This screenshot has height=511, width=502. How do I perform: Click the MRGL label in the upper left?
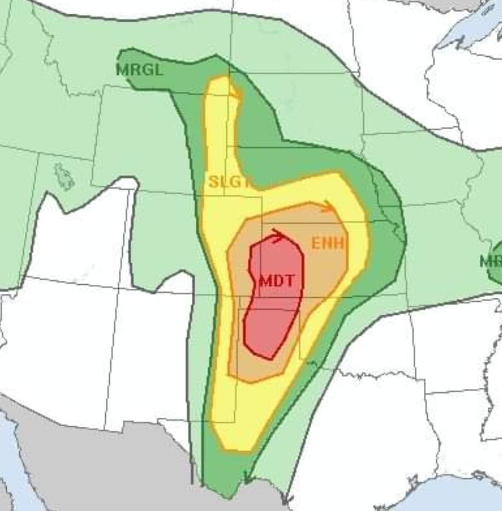140,70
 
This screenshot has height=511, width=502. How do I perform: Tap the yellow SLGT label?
228,182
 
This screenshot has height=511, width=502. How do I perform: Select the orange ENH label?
328,243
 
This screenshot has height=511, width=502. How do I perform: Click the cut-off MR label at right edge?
490,261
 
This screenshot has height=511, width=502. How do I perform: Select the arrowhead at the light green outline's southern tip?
286,499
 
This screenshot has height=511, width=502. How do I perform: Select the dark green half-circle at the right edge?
496,262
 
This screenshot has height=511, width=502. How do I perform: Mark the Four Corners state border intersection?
118,290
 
